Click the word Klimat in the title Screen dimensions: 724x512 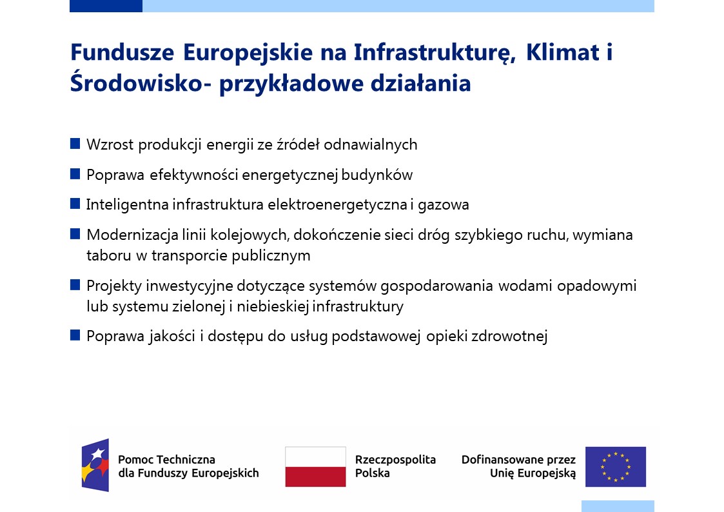tap(562, 52)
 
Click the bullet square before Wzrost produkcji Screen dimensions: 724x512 tap(75, 144)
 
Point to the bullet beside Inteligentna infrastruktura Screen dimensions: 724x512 tap(75, 204)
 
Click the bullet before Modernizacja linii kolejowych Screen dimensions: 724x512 tap(75, 234)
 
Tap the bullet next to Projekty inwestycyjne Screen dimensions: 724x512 tap(75, 285)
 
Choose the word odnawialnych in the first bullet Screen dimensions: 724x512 tap(370, 145)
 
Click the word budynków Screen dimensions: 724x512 tap(377, 175)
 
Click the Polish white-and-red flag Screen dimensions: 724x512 tap(315, 466)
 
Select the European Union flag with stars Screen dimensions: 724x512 tap(616, 466)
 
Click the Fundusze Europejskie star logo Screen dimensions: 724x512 tap(95, 465)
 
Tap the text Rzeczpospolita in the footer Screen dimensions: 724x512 tap(395, 460)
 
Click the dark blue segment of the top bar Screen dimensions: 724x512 tap(106, 6)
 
